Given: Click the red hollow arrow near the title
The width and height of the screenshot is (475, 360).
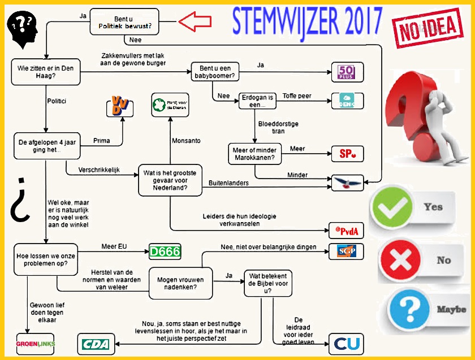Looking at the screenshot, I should pos(195,22).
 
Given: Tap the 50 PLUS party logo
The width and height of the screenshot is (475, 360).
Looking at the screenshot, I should pos(346,72).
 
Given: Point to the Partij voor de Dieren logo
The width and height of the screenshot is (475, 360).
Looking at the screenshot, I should pos(170,105).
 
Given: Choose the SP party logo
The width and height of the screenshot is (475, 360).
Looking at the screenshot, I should pos(346,154).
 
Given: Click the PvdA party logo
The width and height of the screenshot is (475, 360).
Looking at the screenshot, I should pos(346,231).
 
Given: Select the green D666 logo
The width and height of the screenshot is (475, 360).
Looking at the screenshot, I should pos(165,252).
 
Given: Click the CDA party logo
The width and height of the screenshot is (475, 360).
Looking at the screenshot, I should pos(96,344).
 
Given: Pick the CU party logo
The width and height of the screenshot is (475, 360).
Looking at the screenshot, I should pos(346,344).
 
